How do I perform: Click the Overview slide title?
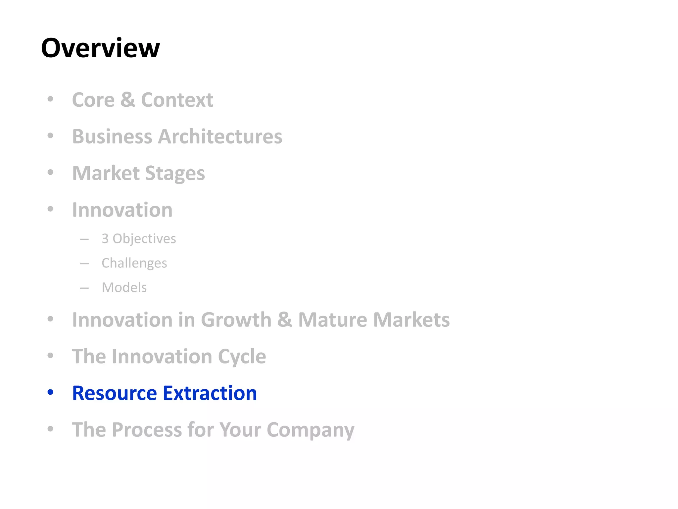(x=100, y=48)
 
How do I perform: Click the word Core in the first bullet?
(x=93, y=100)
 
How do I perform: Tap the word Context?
(x=177, y=100)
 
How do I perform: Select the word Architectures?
(x=220, y=137)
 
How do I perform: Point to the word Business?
(x=112, y=137)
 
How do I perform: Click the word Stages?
(x=175, y=173)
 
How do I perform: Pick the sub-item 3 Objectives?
(x=139, y=239)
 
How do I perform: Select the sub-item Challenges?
(x=134, y=263)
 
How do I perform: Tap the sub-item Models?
(x=124, y=287)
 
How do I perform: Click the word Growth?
(x=236, y=320)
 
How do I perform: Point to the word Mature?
(x=333, y=320)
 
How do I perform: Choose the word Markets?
(x=412, y=320)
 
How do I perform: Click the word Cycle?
(x=242, y=357)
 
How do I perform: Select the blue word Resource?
(x=115, y=393)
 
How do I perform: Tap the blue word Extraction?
(x=210, y=393)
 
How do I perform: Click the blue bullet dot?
(x=50, y=392)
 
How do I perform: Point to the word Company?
(x=311, y=430)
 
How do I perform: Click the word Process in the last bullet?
(x=147, y=430)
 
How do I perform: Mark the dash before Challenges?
(x=84, y=264)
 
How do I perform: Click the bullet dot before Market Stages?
(x=50, y=172)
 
